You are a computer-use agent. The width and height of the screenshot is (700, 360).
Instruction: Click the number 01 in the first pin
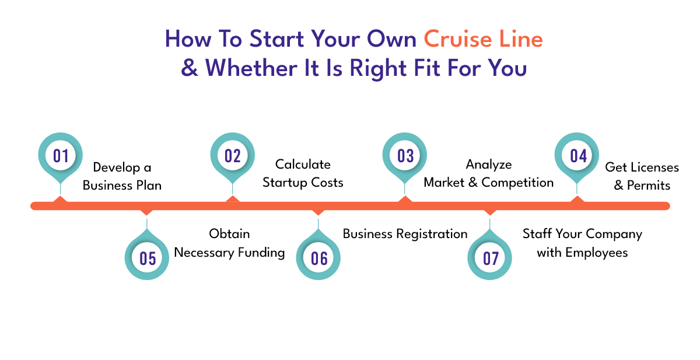pos(61,156)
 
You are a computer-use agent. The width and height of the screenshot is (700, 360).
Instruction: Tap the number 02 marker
pos(233,156)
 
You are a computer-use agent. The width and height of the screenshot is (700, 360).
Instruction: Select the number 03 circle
pos(405,156)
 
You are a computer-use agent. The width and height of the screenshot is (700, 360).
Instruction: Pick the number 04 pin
pos(577,156)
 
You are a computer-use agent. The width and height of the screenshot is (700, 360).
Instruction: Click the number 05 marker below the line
pos(147,258)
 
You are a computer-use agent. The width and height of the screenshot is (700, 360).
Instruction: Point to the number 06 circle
pos(318,258)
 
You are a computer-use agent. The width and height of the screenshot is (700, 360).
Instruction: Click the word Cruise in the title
pos(458,39)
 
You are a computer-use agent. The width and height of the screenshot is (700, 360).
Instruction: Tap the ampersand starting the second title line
pos(190,68)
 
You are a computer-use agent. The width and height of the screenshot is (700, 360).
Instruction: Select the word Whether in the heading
pos(251,68)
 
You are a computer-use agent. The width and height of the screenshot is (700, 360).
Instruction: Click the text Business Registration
pos(405,234)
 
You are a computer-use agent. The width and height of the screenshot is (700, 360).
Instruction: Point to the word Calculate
pos(303,165)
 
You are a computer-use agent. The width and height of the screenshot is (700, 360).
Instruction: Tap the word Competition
pos(517,183)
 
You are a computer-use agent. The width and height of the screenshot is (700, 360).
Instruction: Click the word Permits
pos(649,186)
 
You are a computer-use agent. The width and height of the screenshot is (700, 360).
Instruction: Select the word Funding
pos(261,253)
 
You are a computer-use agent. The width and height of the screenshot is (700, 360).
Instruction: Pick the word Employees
pos(597,253)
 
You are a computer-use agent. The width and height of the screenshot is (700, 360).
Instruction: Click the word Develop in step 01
pos(117,168)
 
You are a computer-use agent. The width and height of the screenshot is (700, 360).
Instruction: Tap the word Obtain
pos(229,234)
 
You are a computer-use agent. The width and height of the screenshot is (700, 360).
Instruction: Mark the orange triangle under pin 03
pos(405,199)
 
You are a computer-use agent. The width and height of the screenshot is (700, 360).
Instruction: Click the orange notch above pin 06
pos(318,212)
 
